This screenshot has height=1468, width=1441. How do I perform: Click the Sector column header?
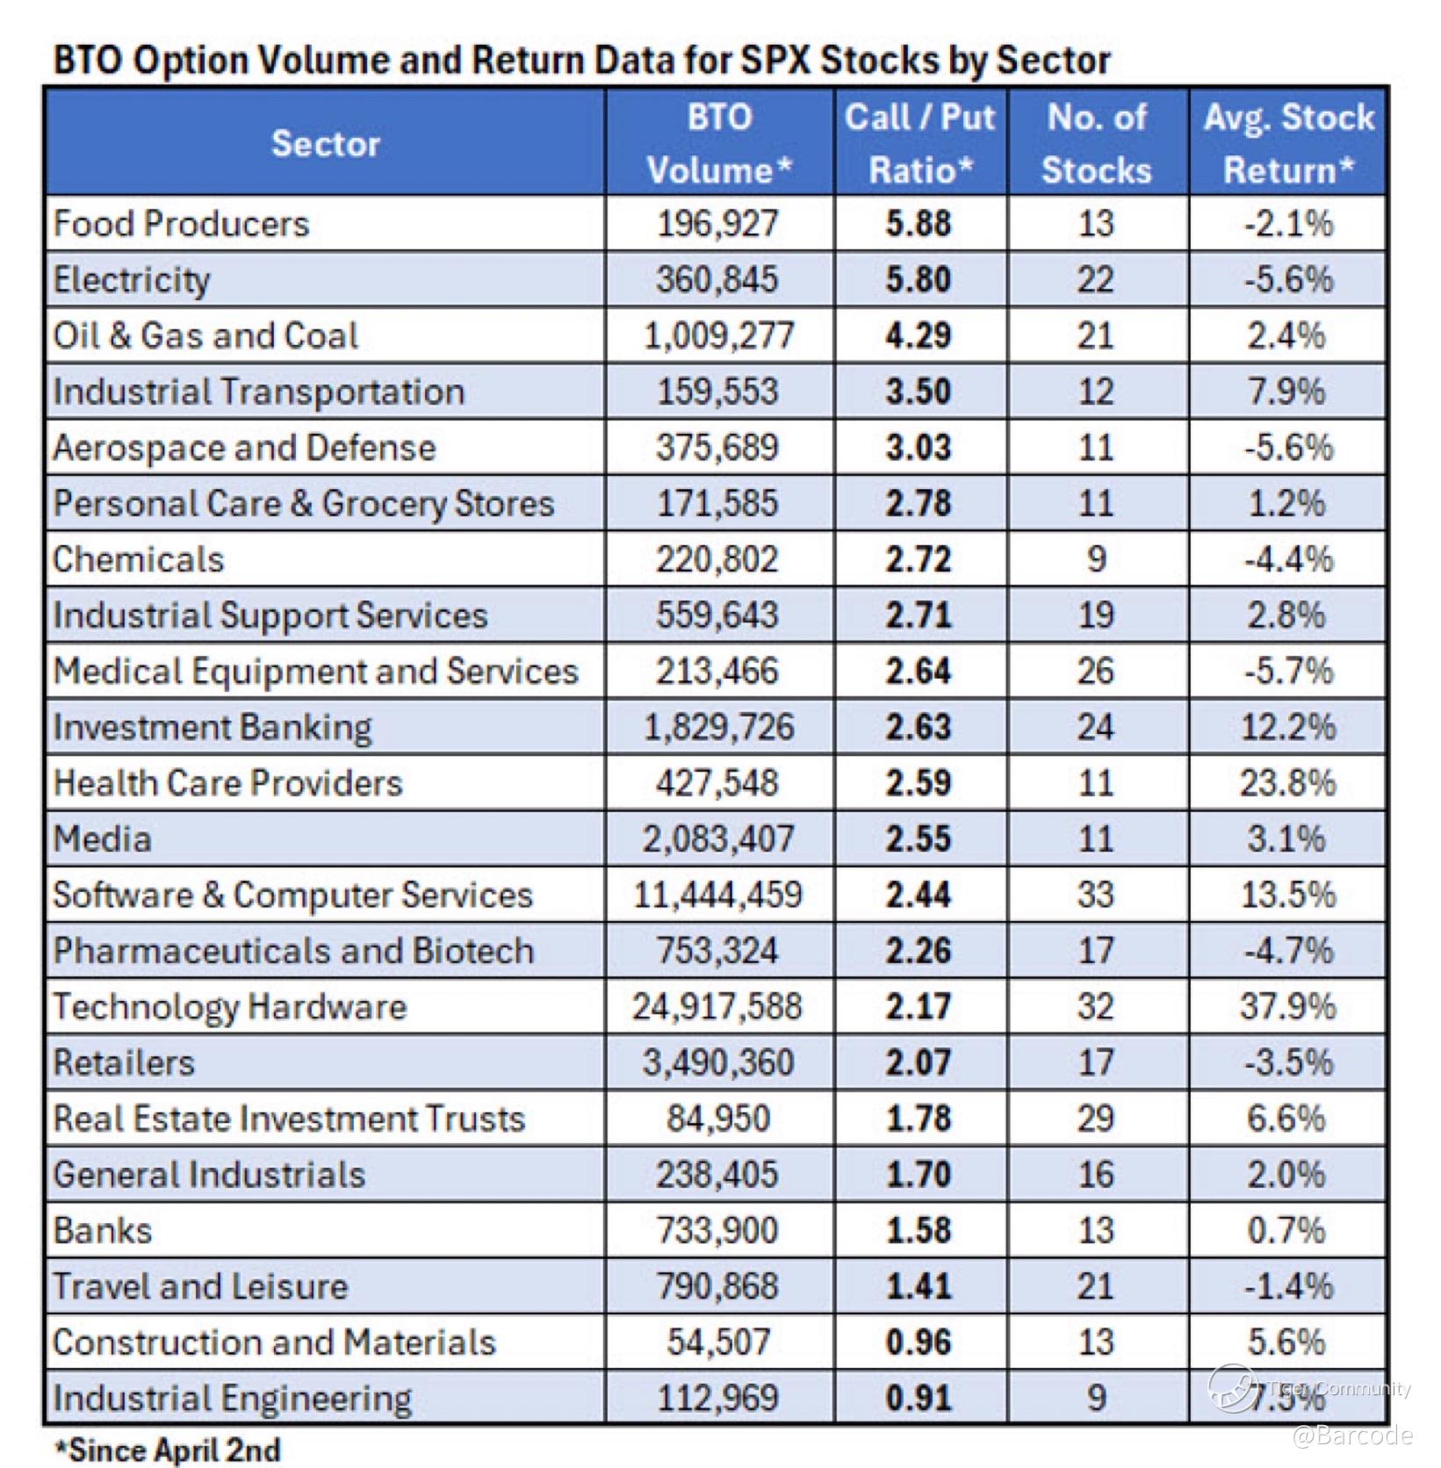click(325, 143)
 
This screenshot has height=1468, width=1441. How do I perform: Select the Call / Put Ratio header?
click(920, 143)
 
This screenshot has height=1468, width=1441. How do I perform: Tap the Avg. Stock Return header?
click(1289, 143)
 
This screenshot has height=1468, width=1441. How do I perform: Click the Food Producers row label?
click(181, 224)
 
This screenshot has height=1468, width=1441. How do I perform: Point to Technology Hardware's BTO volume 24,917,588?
click(717, 1006)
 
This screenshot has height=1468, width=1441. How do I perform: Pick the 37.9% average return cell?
click(1288, 1006)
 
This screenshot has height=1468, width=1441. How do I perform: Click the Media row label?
click(102, 838)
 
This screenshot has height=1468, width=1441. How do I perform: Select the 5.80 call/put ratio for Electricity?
click(919, 280)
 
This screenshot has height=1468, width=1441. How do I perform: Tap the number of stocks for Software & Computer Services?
click(1096, 895)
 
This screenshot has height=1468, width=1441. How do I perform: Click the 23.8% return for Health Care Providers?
click(1288, 782)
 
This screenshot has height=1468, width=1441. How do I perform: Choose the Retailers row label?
click(124, 1062)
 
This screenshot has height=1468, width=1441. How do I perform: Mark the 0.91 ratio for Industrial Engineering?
click(919, 1398)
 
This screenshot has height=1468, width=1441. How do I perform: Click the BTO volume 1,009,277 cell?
click(719, 335)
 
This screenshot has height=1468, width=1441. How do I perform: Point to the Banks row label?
click(102, 1230)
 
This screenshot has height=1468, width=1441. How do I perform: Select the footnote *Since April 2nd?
click(168, 1450)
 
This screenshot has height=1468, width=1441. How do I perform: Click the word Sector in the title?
click(1054, 60)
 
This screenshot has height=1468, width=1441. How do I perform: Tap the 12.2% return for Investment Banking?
click(1288, 727)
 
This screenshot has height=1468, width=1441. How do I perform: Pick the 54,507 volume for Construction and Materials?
click(718, 1342)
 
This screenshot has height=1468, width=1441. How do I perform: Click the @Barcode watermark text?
click(1352, 1435)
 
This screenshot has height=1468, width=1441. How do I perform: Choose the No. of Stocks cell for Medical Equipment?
click(1096, 671)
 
